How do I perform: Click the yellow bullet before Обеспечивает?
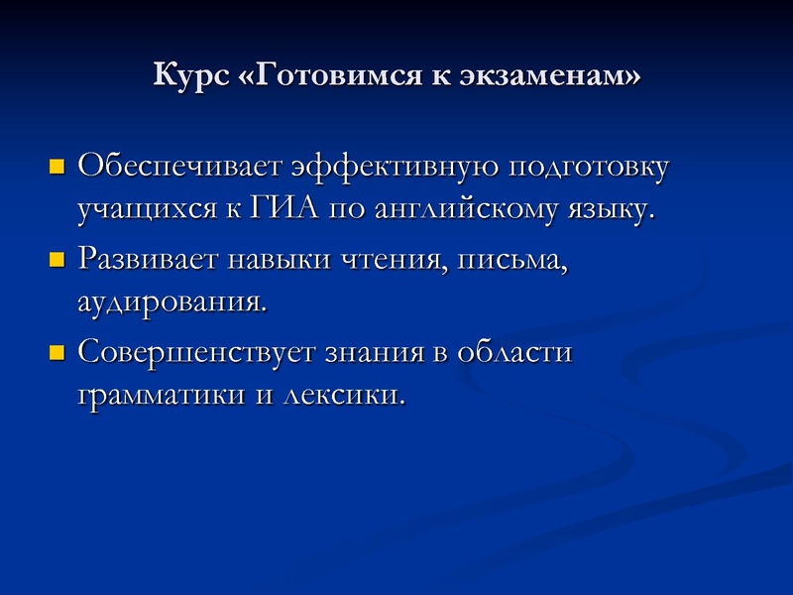pos(56,165)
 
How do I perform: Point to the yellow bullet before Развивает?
pos(56,260)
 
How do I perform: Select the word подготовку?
pos(588,166)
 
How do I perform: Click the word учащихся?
pos(144,210)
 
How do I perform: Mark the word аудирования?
pos(170,302)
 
